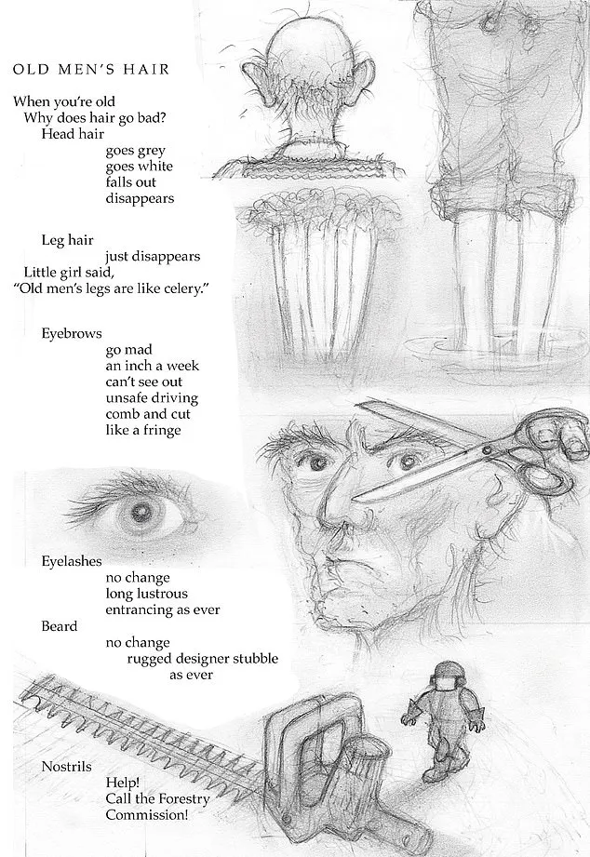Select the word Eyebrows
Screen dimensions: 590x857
[72, 333]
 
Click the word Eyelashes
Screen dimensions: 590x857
[72, 561]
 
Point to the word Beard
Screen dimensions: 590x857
[59, 626]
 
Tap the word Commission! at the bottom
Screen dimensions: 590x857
[146, 815]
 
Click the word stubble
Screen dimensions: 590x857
[255, 658]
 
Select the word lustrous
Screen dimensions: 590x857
[162, 594]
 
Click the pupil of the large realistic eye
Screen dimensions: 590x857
[143, 512]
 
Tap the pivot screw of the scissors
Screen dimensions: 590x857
[486, 451]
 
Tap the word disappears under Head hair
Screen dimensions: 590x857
[140, 198]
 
